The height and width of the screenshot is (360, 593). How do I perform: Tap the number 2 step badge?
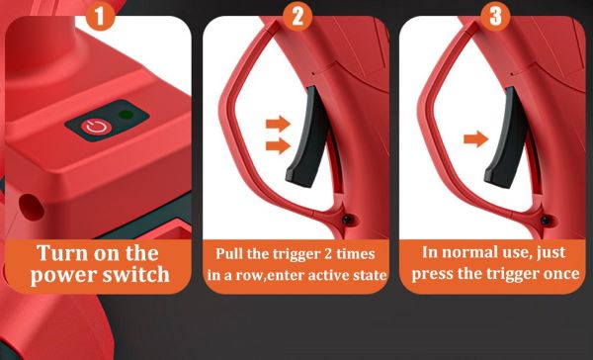[296, 15]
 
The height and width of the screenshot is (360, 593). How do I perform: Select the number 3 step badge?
[495, 15]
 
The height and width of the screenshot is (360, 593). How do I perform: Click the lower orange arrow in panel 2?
[279, 147]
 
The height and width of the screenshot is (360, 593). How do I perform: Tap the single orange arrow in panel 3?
[476, 139]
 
